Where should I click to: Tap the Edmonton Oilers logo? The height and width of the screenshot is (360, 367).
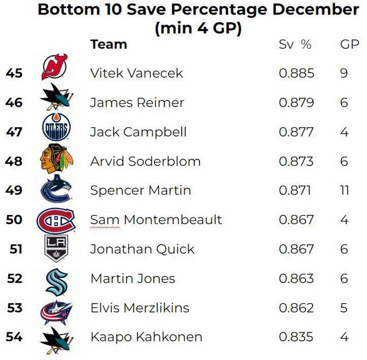coord(56,128)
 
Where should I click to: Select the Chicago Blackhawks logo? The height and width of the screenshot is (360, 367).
coord(56,159)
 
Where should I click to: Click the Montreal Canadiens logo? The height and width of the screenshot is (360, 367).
coord(56,220)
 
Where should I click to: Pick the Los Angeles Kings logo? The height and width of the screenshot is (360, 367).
coord(56,249)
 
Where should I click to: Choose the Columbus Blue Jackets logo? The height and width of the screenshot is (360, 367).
coord(56,310)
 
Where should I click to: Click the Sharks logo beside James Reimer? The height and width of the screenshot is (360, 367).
coord(56,99)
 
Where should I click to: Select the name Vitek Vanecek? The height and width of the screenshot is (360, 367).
coord(136,73)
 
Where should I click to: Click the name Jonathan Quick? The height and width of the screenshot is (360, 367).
coord(142,249)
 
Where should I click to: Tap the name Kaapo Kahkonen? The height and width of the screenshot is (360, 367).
coord(146,337)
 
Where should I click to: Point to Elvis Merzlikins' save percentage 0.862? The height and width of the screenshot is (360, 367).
coord(296,308)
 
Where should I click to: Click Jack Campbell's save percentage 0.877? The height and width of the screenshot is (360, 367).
coord(296,132)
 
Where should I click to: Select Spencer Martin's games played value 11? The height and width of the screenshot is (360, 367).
coord(344,190)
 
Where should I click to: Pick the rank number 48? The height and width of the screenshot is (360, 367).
coord(14,161)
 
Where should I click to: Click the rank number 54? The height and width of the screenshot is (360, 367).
coord(14,337)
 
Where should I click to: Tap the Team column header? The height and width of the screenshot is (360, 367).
coord(108,44)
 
